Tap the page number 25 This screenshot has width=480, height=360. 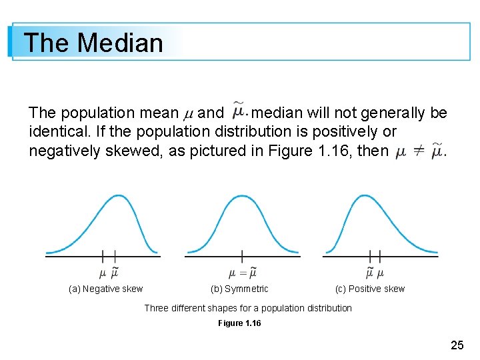[x=457, y=345]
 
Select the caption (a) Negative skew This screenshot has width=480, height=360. [x=106, y=289]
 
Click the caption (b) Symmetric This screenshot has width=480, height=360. [x=239, y=289]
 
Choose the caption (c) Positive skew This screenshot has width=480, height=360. [x=370, y=289]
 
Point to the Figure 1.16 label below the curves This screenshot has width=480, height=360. [x=239, y=323]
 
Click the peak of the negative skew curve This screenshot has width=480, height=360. [x=118, y=195]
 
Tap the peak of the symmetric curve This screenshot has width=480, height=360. [x=242, y=195]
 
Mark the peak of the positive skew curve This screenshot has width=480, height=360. [x=364, y=195]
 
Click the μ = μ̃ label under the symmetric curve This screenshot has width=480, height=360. [x=242, y=272]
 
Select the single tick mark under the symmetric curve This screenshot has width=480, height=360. [x=242, y=255]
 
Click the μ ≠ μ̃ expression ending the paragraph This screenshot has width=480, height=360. [x=419, y=151]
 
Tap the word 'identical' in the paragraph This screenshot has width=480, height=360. [x=58, y=132]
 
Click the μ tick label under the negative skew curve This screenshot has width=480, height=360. [x=102, y=272]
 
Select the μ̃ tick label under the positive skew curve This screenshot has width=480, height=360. [x=370, y=272]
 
